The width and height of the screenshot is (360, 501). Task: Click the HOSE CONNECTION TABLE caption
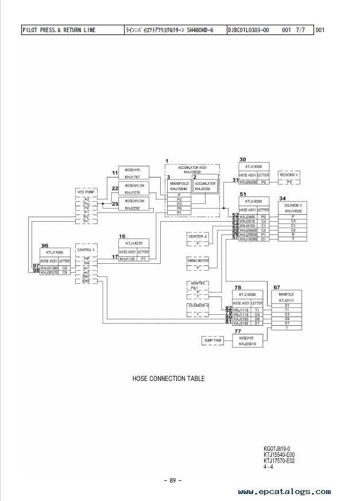pyautogui.click(x=168, y=379)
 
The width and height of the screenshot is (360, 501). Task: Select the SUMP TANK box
pyautogui.click(x=212, y=341)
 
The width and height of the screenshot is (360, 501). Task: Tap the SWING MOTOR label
pyautogui.click(x=199, y=260)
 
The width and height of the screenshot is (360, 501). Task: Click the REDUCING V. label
pyautogui.click(x=290, y=174)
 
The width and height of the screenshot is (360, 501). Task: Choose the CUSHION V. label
pyautogui.click(x=198, y=306)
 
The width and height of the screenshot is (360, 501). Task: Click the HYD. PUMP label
pyautogui.click(x=86, y=191)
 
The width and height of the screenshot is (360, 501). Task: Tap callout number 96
pyautogui.click(x=45, y=245)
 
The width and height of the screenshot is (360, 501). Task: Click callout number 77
pyautogui.click(x=238, y=332)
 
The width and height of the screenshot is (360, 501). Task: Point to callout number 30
pyautogui.click(x=243, y=159)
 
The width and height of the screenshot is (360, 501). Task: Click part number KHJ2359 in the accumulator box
pyautogui.click(x=202, y=188)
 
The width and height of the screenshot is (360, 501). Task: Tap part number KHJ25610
pyautogui.click(x=247, y=344)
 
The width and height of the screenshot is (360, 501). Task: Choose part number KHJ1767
pyautogui.click(x=133, y=176)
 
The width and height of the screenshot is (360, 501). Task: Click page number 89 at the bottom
pyautogui.click(x=172, y=480)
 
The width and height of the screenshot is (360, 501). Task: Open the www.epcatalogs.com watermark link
pyautogui.click(x=284, y=492)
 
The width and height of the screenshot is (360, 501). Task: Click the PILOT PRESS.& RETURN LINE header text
pyautogui.click(x=59, y=30)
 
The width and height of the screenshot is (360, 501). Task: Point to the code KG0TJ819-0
pyautogui.click(x=277, y=448)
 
